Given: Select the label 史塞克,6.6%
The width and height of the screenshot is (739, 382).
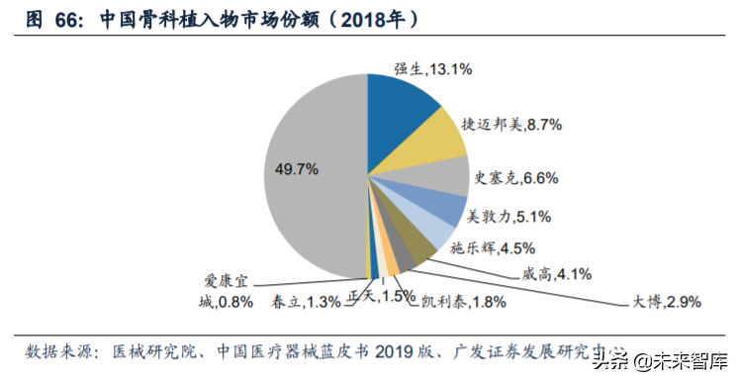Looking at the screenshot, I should pos(516,178).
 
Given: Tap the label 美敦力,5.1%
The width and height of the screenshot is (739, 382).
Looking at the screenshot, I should pos(508,215).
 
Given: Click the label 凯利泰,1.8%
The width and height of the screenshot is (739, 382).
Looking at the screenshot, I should pos(455,300).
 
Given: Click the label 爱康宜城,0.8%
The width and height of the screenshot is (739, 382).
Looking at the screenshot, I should pos(229,289).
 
